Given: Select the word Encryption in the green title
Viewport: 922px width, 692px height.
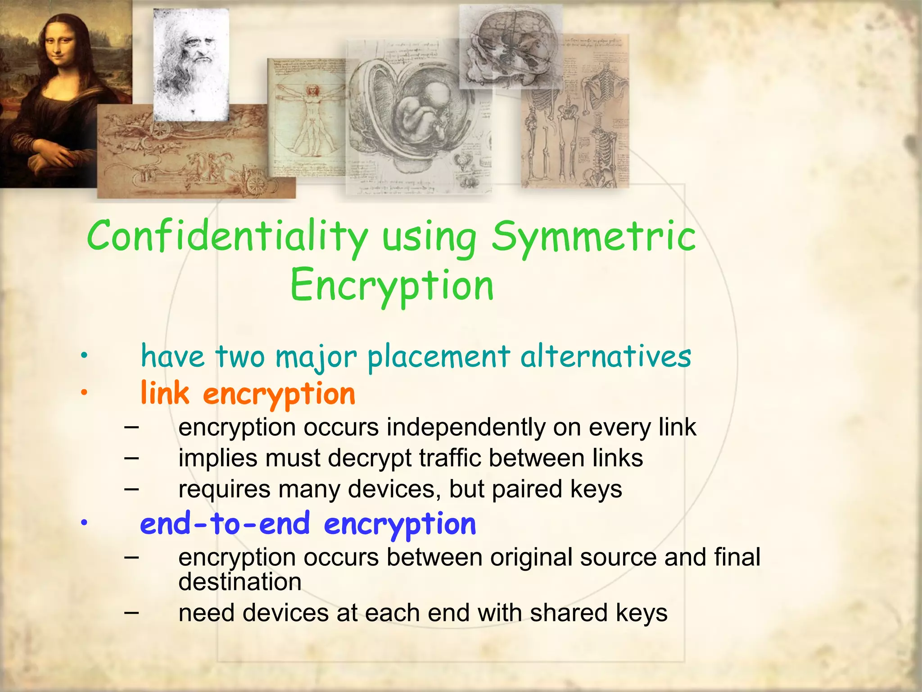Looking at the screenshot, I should coord(392,286).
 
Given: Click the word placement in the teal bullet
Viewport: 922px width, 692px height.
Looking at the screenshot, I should coord(438,357).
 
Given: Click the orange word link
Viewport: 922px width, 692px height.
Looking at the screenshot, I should coord(165,393).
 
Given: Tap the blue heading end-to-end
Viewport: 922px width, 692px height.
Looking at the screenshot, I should coord(225,524).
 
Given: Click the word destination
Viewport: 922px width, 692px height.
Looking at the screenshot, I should coord(240,582).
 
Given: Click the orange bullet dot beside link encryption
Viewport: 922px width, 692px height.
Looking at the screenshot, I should coord(84,393).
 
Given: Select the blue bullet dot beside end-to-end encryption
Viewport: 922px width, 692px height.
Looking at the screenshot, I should coord(84,523).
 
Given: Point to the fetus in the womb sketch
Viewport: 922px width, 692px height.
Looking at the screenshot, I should coord(421,110).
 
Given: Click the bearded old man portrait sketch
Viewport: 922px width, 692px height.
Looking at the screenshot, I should coord(191,63).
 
